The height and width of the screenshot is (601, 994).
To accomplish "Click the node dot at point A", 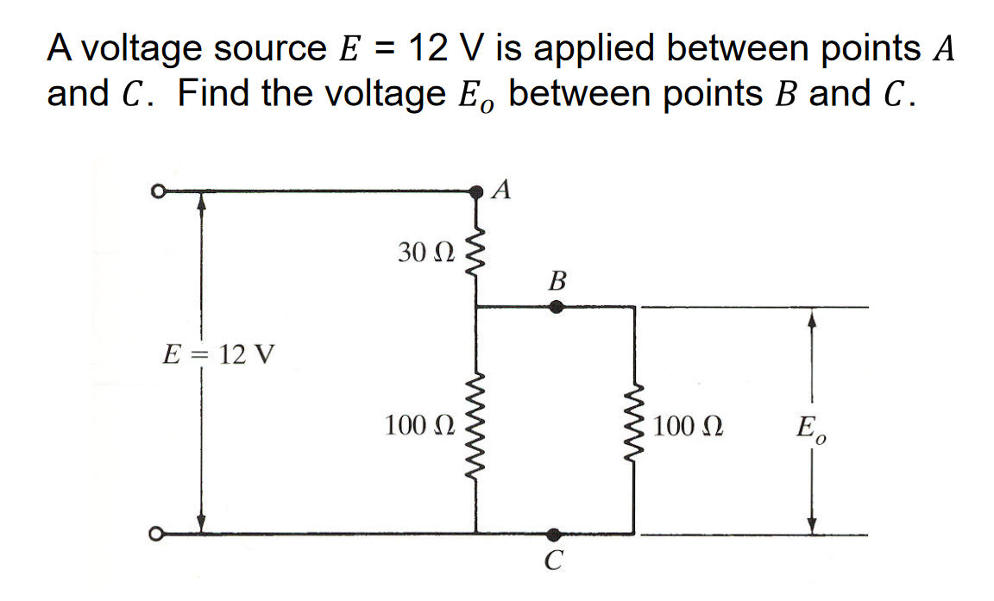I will (x=476, y=192).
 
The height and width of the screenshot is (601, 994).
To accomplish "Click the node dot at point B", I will (x=557, y=305).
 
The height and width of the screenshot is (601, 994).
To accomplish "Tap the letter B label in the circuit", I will (x=557, y=281).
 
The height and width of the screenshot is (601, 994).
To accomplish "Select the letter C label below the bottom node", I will (x=554, y=561).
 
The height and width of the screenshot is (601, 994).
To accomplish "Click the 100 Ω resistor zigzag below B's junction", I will (x=475, y=426).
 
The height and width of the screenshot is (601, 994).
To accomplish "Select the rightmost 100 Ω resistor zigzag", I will (x=635, y=428).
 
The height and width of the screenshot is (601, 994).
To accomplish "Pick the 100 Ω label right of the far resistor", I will (x=689, y=426).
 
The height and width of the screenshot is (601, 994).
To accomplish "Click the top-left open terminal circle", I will (x=157, y=192).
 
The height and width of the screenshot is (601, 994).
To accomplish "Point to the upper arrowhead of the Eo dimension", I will (x=809, y=319).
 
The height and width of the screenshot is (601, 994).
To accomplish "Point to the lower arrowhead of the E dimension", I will (x=201, y=523).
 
